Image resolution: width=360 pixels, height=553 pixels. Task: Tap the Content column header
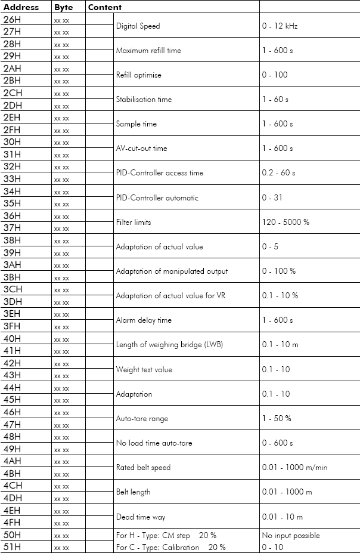coord(105,8)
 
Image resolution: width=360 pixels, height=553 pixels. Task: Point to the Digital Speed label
coord(138,26)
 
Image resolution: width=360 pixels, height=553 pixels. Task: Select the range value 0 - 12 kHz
coord(283,26)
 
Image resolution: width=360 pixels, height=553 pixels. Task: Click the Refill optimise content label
coord(138,75)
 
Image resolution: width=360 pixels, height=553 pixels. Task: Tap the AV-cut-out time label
coord(141,149)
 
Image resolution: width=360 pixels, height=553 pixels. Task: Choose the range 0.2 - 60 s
coord(278,173)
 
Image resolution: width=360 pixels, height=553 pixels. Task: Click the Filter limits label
coord(134,223)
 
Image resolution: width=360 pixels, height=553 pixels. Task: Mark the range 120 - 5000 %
coord(285,223)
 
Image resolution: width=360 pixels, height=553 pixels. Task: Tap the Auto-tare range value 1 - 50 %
coord(277,419)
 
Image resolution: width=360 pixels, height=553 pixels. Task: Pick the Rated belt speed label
coord(143,468)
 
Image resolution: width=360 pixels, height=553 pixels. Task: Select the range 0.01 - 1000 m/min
coord(294,468)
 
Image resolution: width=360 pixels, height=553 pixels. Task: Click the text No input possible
coord(291,535)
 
